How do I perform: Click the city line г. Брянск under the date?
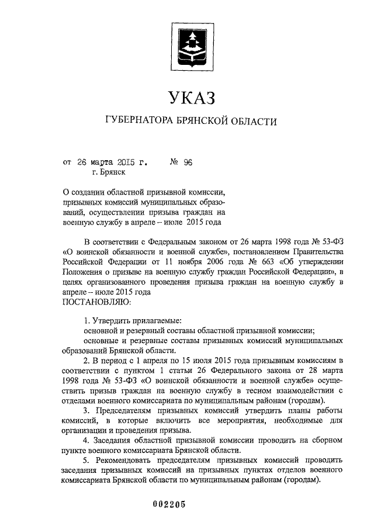click(x=108, y=172)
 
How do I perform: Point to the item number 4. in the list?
click(x=86, y=440)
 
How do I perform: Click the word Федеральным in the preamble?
click(x=178, y=241)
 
